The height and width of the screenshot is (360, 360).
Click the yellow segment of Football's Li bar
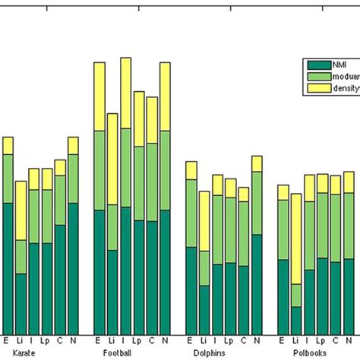tap(112, 159)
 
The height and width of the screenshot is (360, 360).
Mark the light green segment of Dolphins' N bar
tap(257, 203)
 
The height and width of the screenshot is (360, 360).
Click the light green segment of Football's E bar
tap(99, 170)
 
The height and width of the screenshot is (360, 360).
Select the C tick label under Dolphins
tap(244, 341)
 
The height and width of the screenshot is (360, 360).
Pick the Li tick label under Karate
tap(21, 341)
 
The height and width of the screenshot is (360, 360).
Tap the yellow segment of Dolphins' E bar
tap(191, 170)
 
